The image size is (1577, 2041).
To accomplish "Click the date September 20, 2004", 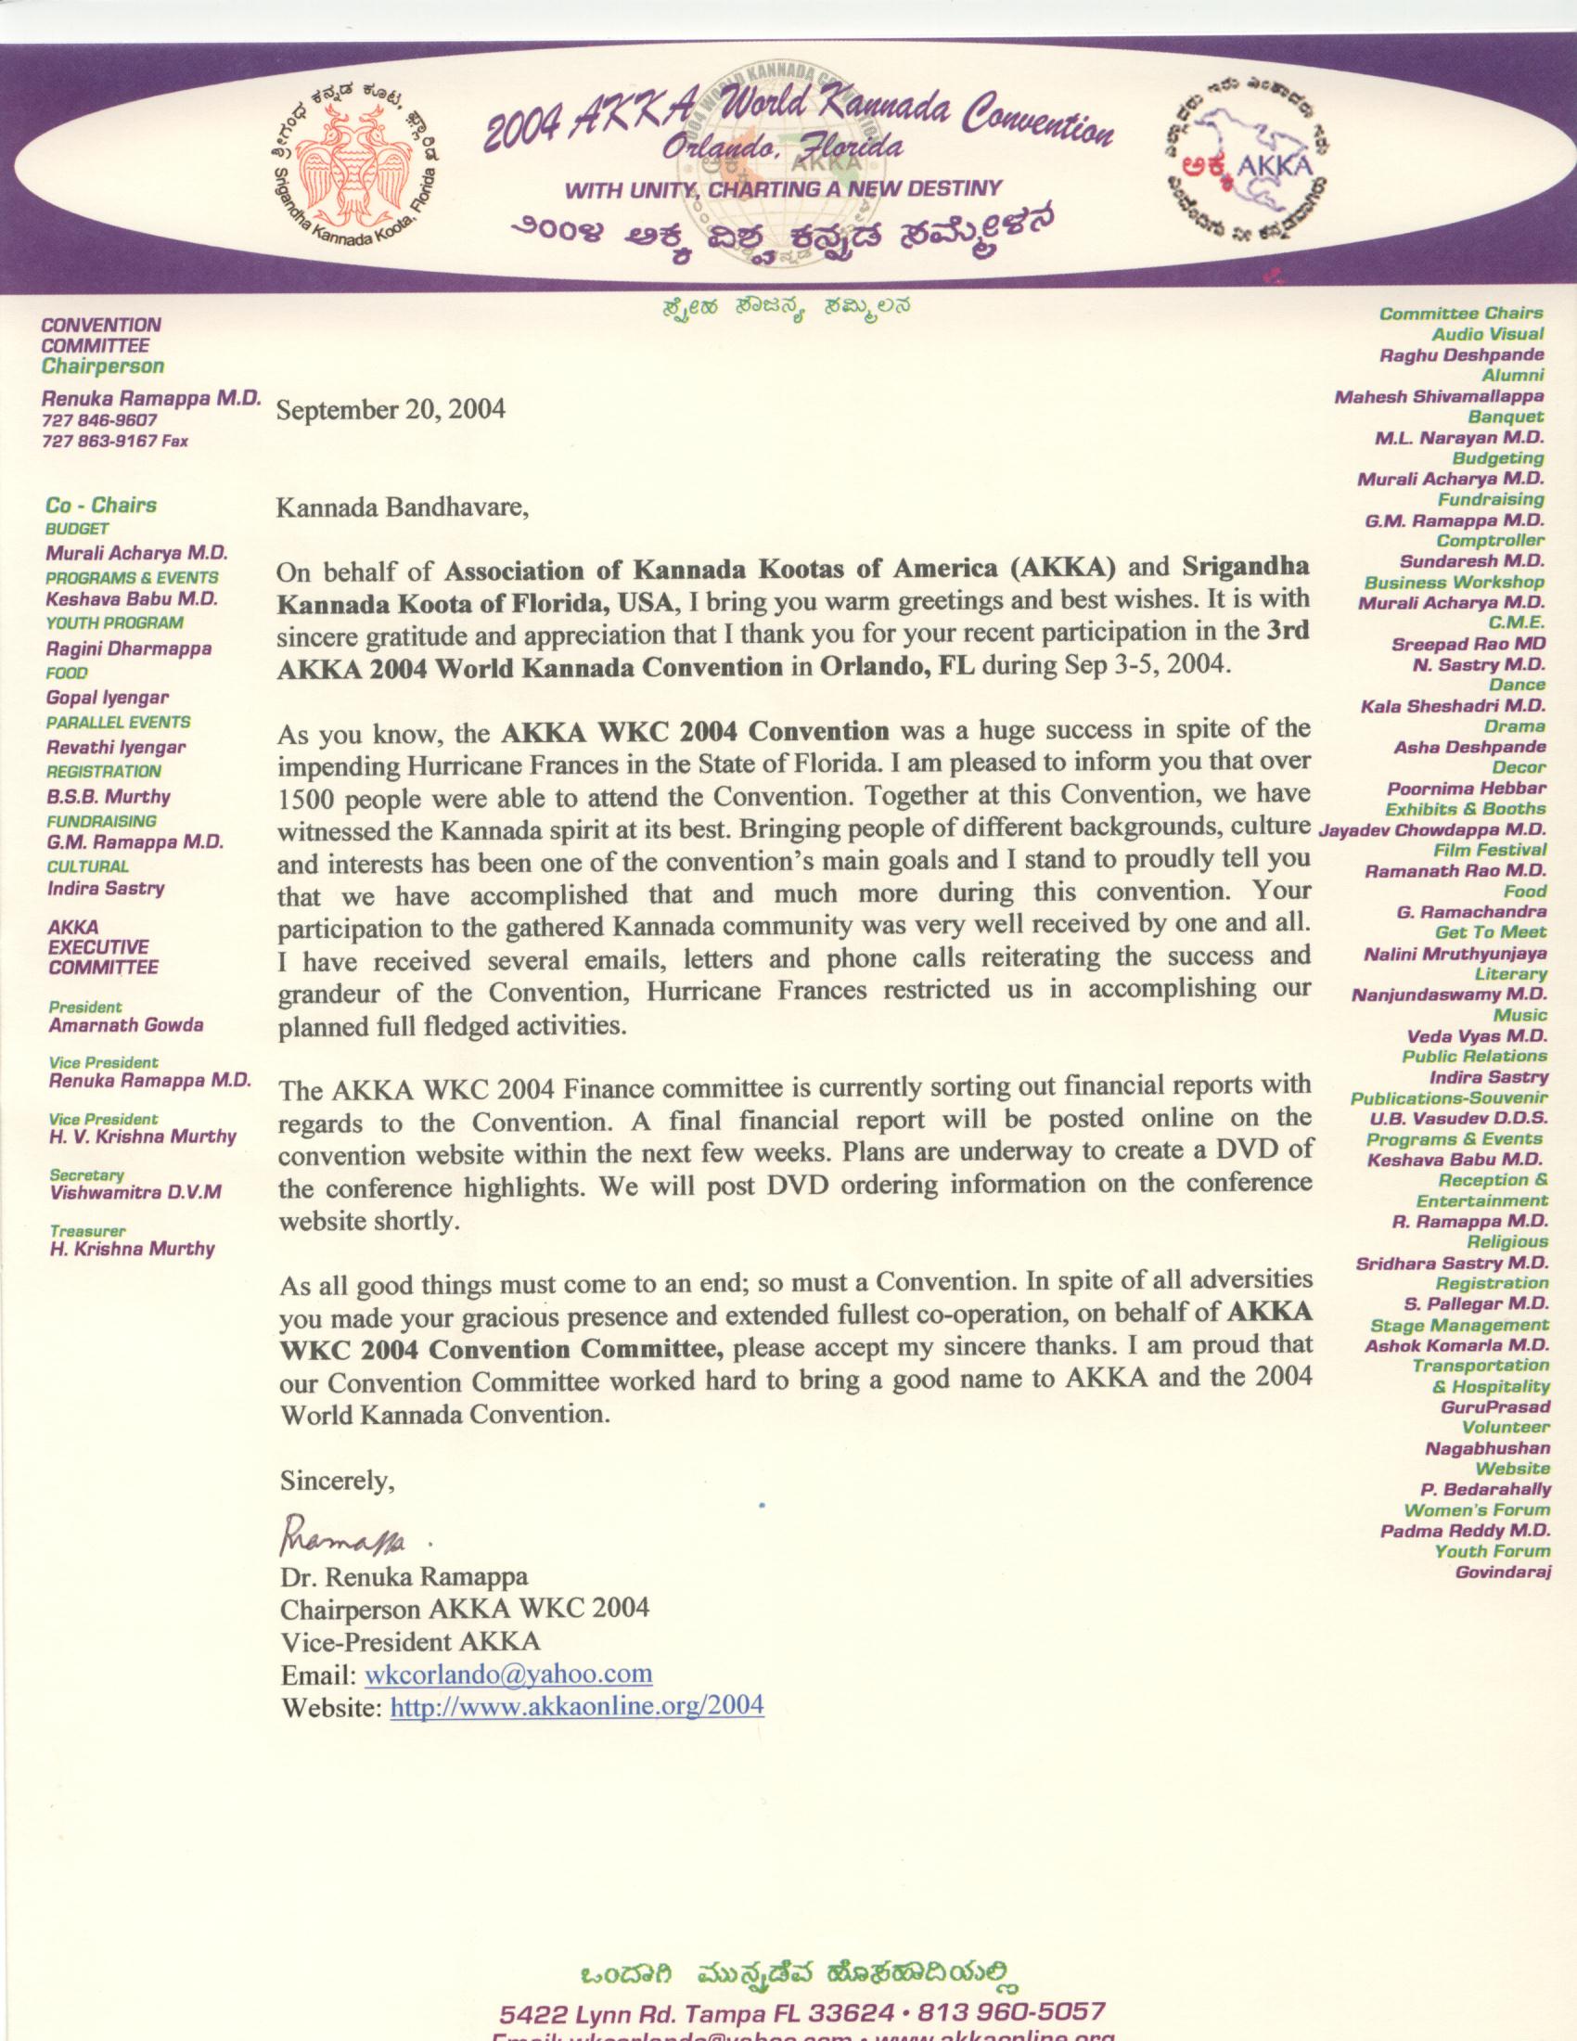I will click(x=391, y=409).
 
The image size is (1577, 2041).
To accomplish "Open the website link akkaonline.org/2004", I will click(x=576, y=1704).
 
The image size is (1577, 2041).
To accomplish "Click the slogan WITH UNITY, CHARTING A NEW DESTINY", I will click(x=783, y=188).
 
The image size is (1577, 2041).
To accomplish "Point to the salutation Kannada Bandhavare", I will click(x=403, y=508).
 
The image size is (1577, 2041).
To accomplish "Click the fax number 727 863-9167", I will click(x=114, y=440).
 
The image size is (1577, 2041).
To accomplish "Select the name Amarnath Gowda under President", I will click(x=126, y=1024).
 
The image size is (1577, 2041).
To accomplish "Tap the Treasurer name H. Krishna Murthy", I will click(x=132, y=1249).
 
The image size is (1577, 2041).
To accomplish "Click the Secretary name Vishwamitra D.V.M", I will click(x=135, y=1192).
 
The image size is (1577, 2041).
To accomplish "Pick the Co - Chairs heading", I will click(x=101, y=506).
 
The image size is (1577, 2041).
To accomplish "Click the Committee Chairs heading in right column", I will click(x=1461, y=313).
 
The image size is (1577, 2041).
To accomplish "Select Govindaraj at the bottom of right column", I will click(x=1502, y=1572).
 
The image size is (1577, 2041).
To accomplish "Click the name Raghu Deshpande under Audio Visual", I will click(x=1461, y=355).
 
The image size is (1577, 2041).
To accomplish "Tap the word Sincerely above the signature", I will click(x=338, y=1481).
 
